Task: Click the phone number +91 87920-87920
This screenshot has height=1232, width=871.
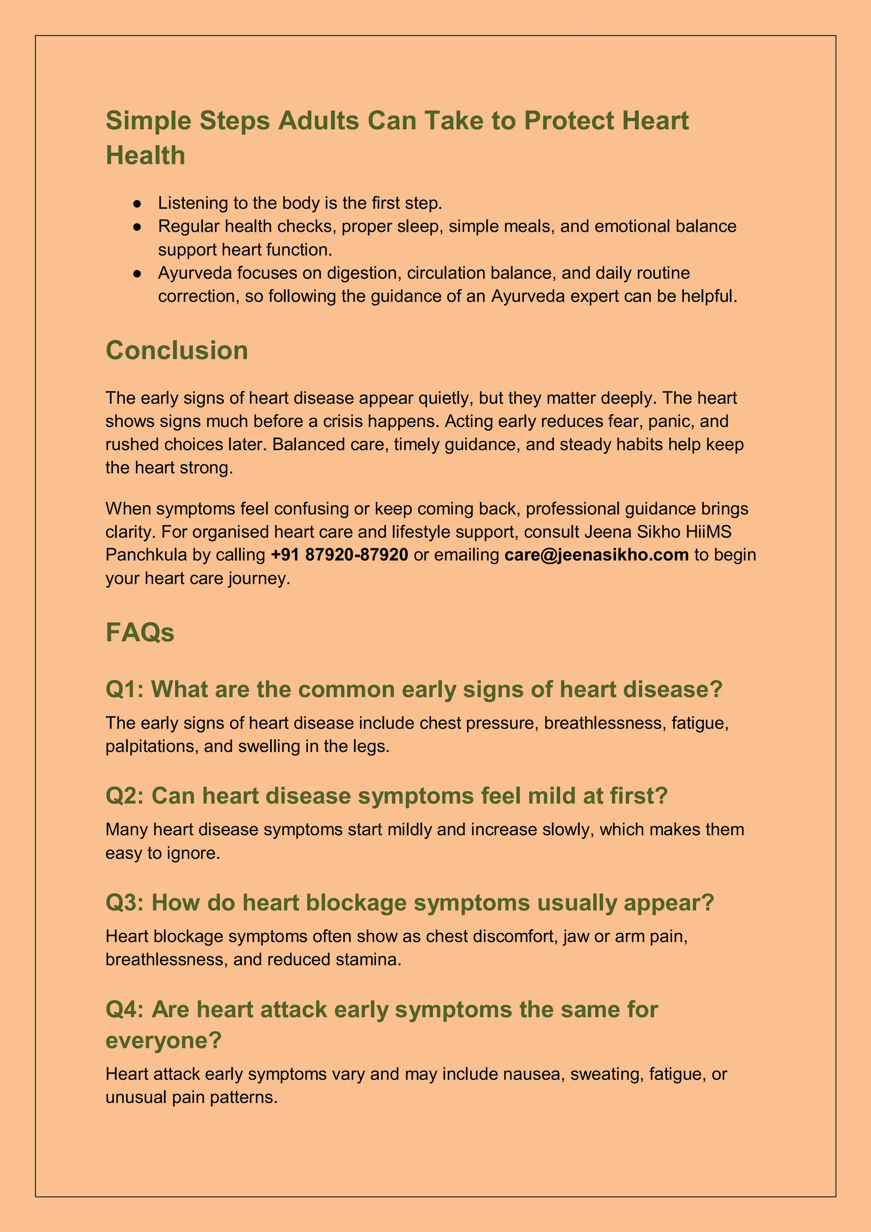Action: (339, 554)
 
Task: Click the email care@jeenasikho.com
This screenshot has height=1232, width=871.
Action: (596, 554)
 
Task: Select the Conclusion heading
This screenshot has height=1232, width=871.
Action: (176, 350)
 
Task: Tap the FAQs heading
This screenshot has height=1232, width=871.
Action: (139, 632)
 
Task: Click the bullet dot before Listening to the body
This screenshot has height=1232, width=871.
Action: (137, 203)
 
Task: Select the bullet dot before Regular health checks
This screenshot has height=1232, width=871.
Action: (137, 227)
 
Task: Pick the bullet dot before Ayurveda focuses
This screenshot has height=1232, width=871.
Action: (137, 274)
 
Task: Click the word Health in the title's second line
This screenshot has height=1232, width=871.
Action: (145, 156)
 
